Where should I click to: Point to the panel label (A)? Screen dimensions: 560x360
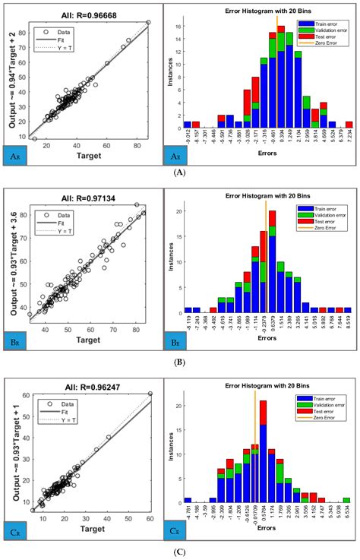179,173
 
